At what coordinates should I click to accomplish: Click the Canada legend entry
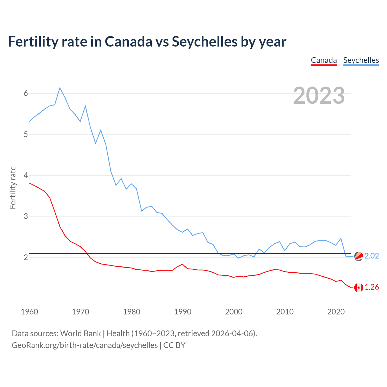(x=324, y=60)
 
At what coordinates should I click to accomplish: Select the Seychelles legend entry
(x=361, y=60)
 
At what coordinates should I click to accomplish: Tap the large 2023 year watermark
(x=319, y=96)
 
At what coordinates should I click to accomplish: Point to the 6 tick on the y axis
(x=26, y=93)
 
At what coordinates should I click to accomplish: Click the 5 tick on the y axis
(x=26, y=134)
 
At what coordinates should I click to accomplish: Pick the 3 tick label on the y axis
(x=26, y=216)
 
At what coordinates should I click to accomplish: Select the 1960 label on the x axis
(x=29, y=312)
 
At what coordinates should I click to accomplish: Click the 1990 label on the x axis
(x=183, y=312)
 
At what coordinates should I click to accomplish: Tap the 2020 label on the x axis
(x=336, y=312)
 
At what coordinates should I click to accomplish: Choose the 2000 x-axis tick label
(x=234, y=312)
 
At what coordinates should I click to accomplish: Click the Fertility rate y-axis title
(x=13, y=187)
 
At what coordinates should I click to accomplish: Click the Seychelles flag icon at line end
(x=359, y=256)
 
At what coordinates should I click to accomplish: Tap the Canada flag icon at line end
(x=359, y=288)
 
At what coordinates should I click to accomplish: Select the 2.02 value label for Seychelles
(x=372, y=256)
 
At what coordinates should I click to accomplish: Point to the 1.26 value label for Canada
(x=372, y=287)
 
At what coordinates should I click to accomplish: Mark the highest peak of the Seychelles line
(x=60, y=88)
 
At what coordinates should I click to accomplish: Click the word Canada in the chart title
(x=128, y=41)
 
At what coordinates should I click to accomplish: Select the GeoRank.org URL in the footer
(x=85, y=345)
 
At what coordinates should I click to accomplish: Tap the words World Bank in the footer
(x=80, y=333)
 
